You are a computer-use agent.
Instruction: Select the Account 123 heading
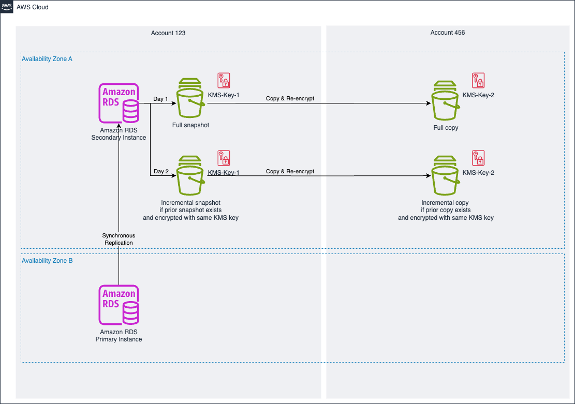pos(168,33)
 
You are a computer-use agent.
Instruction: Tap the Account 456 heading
pos(448,33)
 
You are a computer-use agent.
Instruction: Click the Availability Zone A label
pos(47,59)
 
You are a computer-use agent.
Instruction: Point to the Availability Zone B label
pos(47,261)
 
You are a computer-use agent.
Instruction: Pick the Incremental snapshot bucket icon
pos(190,174)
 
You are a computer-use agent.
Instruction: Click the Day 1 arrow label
pos(161,98)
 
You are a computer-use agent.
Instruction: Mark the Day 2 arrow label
pos(161,172)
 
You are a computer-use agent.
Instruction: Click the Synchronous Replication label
pos(119,239)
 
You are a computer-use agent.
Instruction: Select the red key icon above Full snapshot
pos(224,80)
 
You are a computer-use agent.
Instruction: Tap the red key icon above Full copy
pos(478,80)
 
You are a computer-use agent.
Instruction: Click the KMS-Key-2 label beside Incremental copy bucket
pos(478,172)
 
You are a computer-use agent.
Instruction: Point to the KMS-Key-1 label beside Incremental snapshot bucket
pos(224,172)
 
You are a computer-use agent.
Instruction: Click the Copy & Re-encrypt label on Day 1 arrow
pos(290,98)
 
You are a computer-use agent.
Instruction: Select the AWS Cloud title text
pos(33,7)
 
